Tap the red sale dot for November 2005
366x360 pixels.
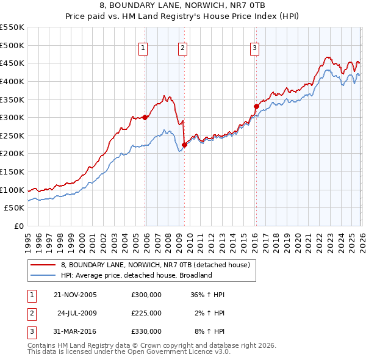click(x=145, y=118)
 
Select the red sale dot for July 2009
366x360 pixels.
click(x=184, y=145)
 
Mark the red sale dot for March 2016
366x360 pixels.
click(x=256, y=106)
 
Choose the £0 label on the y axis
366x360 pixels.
click(x=18, y=226)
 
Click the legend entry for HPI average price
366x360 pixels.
click(x=135, y=275)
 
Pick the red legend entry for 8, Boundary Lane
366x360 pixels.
click(x=155, y=265)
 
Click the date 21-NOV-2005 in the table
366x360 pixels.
click(x=75, y=295)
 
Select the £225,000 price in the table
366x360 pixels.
click(x=146, y=313)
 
